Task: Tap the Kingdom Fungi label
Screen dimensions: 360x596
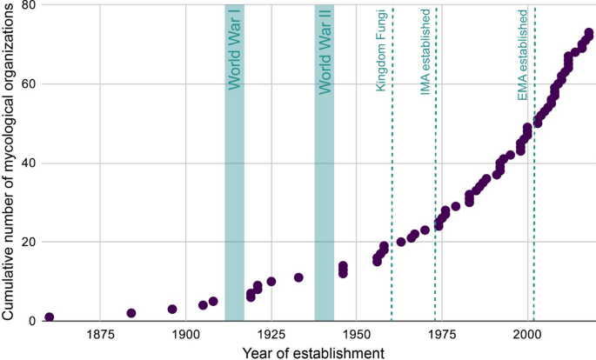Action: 381,51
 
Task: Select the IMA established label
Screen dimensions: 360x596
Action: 425,53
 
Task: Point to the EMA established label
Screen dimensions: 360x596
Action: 523,55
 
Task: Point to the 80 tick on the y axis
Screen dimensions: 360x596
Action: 29,5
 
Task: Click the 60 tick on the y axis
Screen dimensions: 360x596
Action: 29,84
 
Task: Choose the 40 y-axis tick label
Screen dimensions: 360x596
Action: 29,163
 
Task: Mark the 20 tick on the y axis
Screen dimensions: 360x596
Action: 29,242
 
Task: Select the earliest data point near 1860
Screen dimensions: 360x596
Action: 50,317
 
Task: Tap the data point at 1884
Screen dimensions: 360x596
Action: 131,313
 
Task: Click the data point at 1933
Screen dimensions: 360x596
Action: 298,277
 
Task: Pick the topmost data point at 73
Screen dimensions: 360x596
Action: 589,33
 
